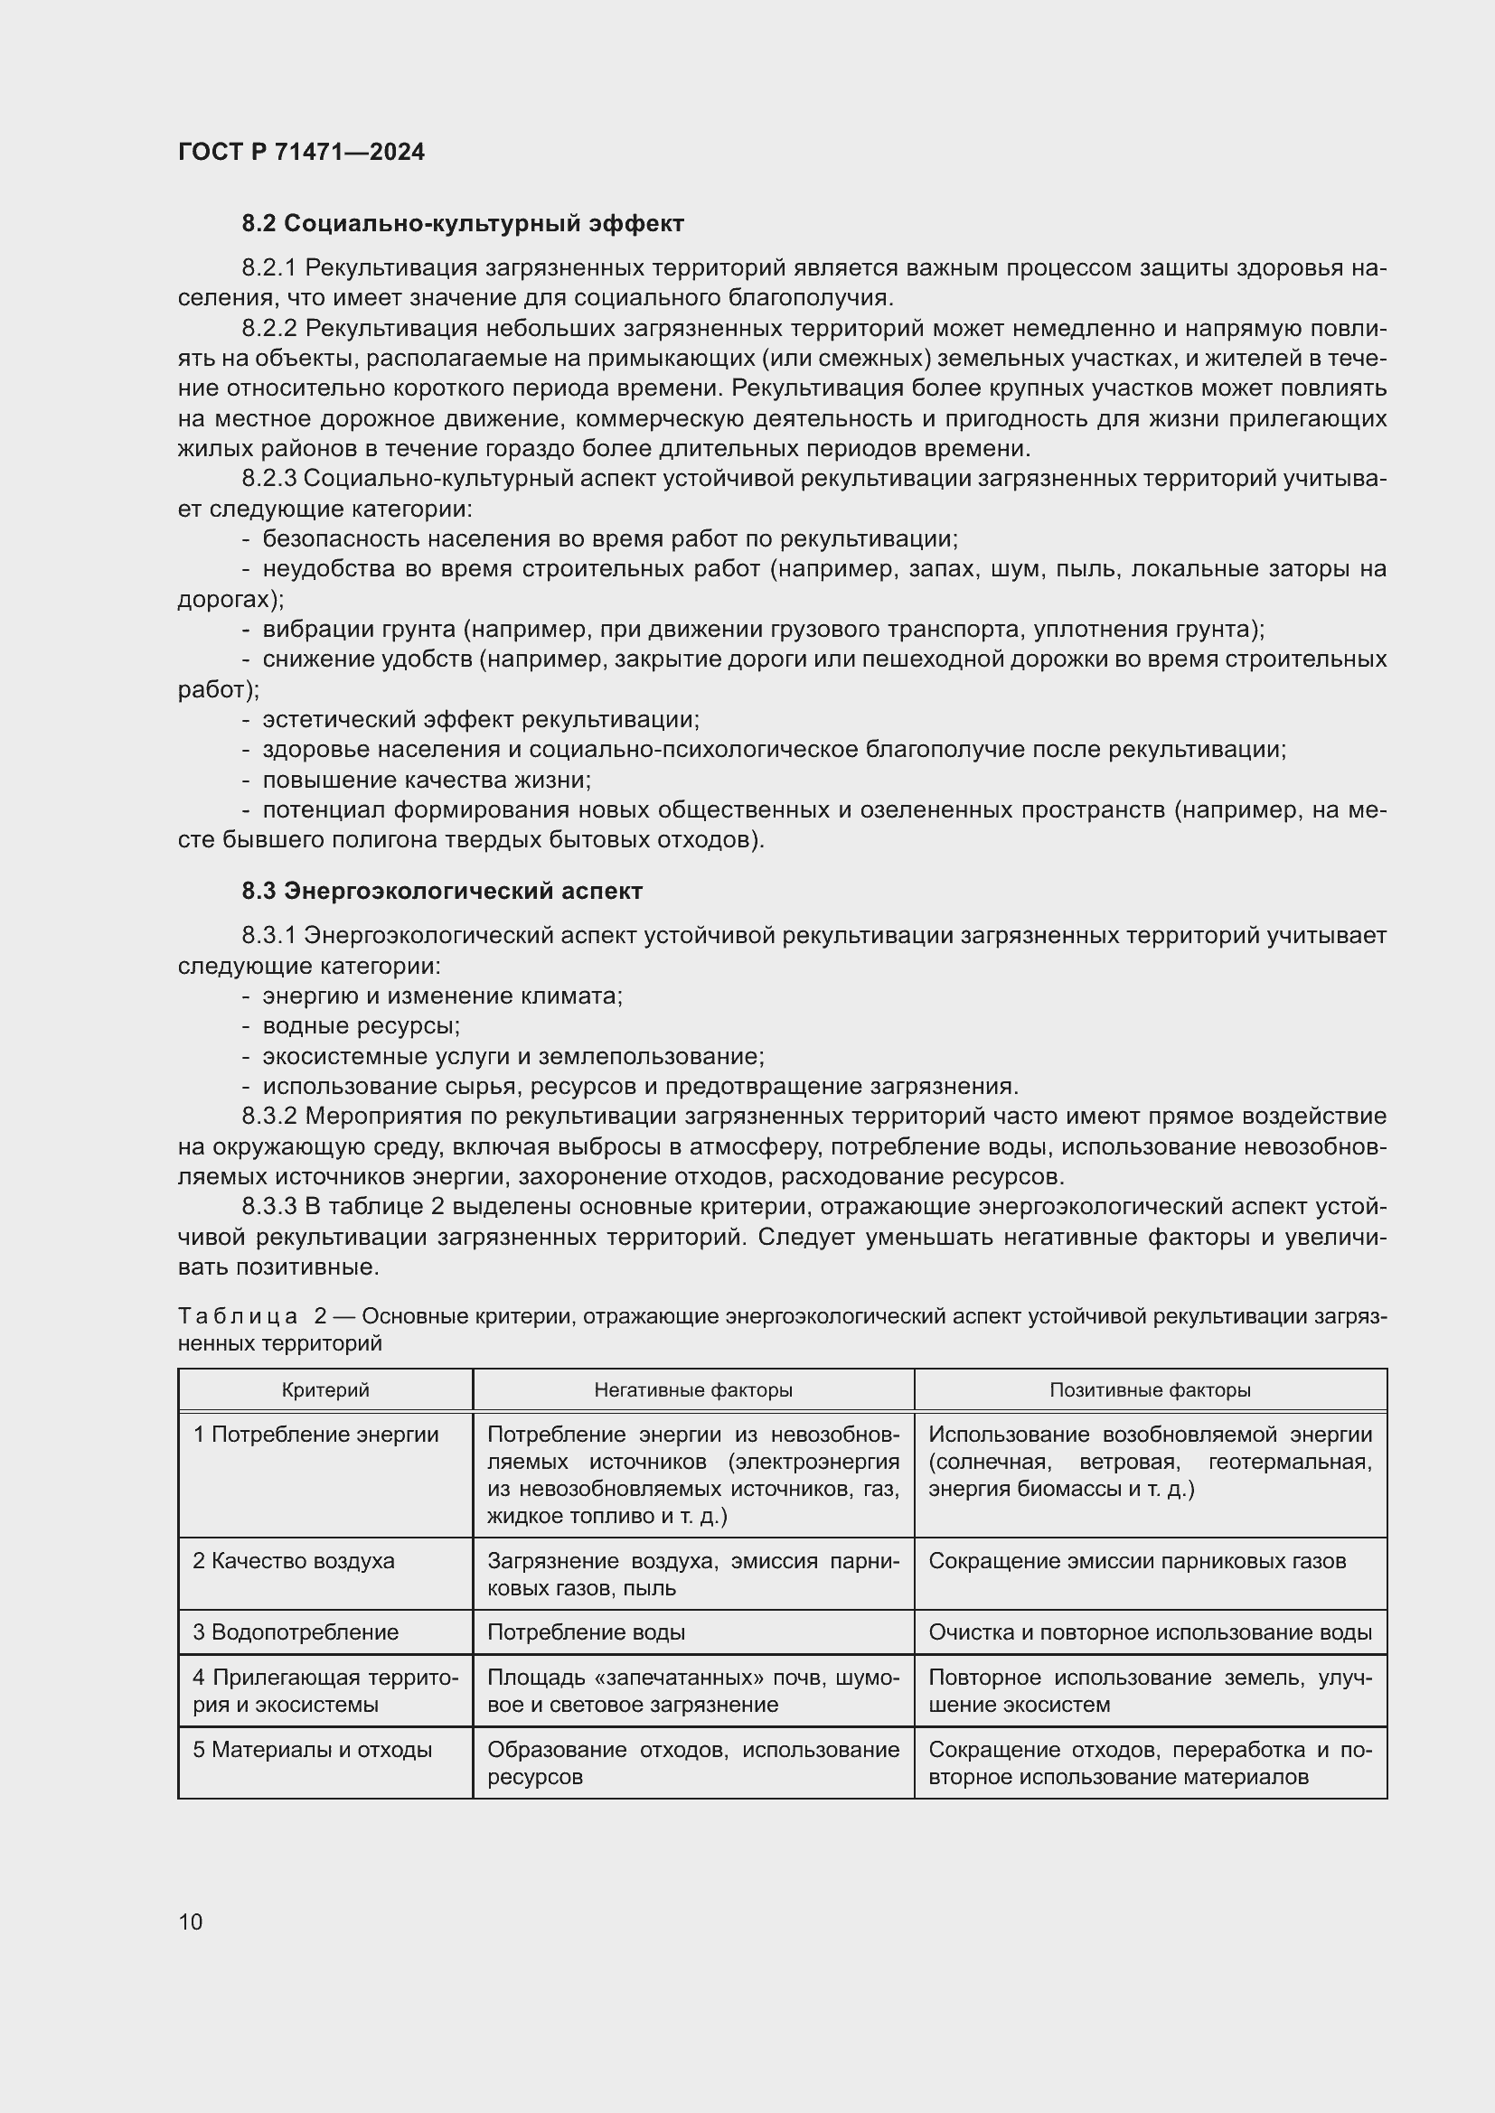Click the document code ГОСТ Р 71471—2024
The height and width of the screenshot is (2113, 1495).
click(x=301, y=152)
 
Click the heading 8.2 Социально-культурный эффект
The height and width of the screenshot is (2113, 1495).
click(x=463, y=224)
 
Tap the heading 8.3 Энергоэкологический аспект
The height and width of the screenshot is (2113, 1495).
click(x=442, y=891)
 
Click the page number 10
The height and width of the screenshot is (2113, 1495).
click(x=191, y=1921)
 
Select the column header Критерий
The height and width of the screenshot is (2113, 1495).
click(x=325, y=1389)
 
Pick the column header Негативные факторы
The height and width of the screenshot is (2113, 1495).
click(x=692, y=1389)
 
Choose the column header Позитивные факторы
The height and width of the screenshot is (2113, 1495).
click(x=1150, y=1389)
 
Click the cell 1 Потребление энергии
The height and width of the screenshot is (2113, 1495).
click(x=315, y=1435)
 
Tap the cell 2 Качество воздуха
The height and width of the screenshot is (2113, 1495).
click(x=294, y=1561)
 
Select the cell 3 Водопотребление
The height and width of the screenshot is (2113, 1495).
click(x=296, y=1632)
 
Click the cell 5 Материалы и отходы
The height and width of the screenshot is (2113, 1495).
click(x=312, y=1750)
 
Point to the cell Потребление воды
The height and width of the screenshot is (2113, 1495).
click(x=586, y=1632)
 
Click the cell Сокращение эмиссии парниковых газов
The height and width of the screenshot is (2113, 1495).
click(x=1137, y=1561)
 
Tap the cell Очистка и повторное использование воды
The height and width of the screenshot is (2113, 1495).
click(x=1150, y=1632)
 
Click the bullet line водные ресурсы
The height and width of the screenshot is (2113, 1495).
click(x=361, y=1026)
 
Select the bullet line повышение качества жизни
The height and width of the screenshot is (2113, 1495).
click(x=427, y=781)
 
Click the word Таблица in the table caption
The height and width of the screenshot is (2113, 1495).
click(x=237, y=1317)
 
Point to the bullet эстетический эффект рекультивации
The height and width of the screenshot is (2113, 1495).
click(x=481, y=720)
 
